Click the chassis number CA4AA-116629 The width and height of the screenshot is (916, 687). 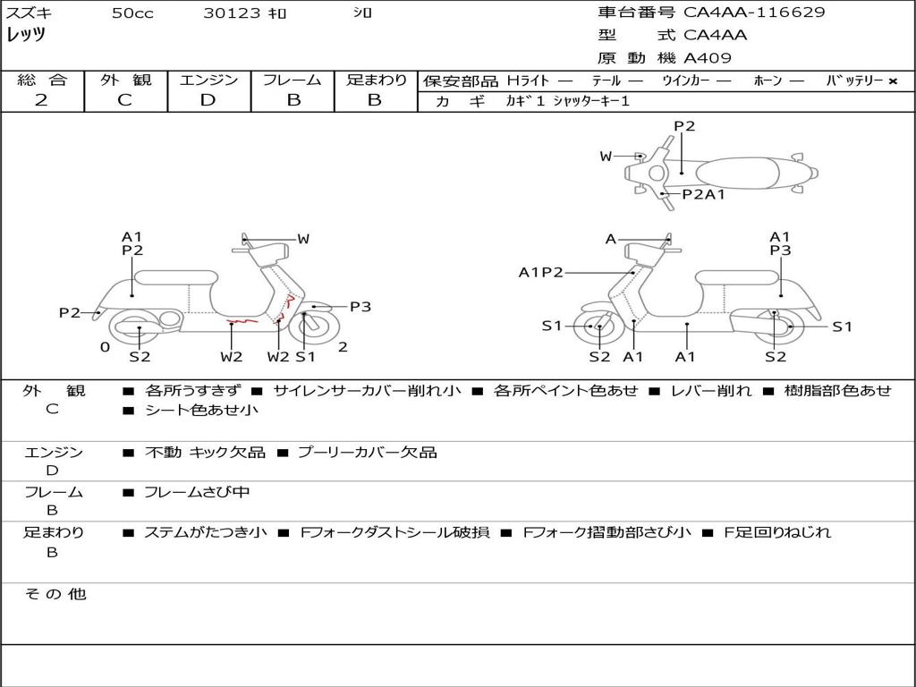pos(754,13)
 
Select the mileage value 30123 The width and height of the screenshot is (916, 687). pos(231,13)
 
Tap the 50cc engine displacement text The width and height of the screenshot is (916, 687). pos(132,13)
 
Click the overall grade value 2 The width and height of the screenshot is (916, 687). pos(41,100)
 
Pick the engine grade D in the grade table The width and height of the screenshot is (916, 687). pos(208,100)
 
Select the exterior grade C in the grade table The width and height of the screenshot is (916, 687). pos(124,100)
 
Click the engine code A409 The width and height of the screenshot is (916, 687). pos(707,58)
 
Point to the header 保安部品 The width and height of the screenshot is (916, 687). pos(460,81)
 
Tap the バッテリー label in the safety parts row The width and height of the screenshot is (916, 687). pos(854,81)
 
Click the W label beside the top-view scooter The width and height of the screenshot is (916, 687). pos(606,157)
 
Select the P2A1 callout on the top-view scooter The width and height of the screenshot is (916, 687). pos(703,194)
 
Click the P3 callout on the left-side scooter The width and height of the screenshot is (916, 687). pos(360,307)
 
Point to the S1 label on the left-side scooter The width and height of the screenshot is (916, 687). pos(306,357)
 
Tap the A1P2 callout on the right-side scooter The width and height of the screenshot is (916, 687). pos(540,272)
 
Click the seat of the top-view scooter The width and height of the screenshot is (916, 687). pos(734,172)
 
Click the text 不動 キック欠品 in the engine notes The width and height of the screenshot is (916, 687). pos(205,453)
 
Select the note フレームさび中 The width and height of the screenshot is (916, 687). pos(197,492)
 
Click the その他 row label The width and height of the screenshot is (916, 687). pos(55,594)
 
